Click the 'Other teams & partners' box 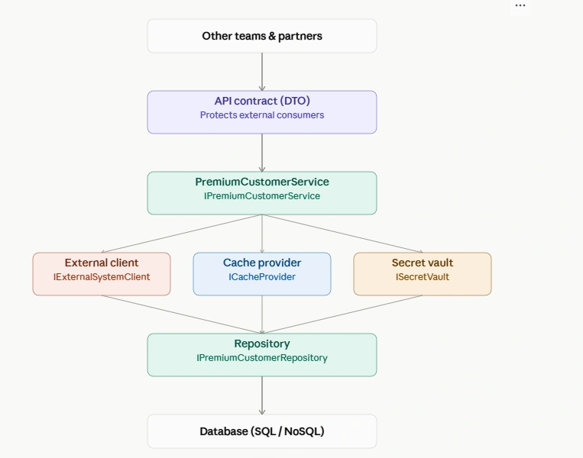click(x=262, y=36)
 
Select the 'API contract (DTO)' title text click(x=262, y=101)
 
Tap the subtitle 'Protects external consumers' click(x=262, y=115)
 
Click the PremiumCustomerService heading click(x=262, y=182)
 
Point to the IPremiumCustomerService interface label click(x=262, y=195)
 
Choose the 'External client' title click(x=102, y=263)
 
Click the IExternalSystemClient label click(x=102, y=277)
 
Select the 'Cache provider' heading click(x=262, y=263)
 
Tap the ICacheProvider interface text click(x=262, y=277)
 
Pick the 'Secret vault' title click(x=423, y=263)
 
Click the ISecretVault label click(x=423, y=277)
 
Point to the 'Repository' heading click(x=262, y=343)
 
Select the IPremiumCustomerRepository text click(x=262, y=358)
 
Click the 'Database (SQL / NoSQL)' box click(x=262, y=431)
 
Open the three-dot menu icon click(x=520, y=5)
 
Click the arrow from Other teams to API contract click(x=262, y=72)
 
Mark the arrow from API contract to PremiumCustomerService click(x=262, y=153)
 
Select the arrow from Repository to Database click(x=262, y=395)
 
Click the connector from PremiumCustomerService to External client click(x=181, y=234)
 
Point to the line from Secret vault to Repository click(x=342, y=314)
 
